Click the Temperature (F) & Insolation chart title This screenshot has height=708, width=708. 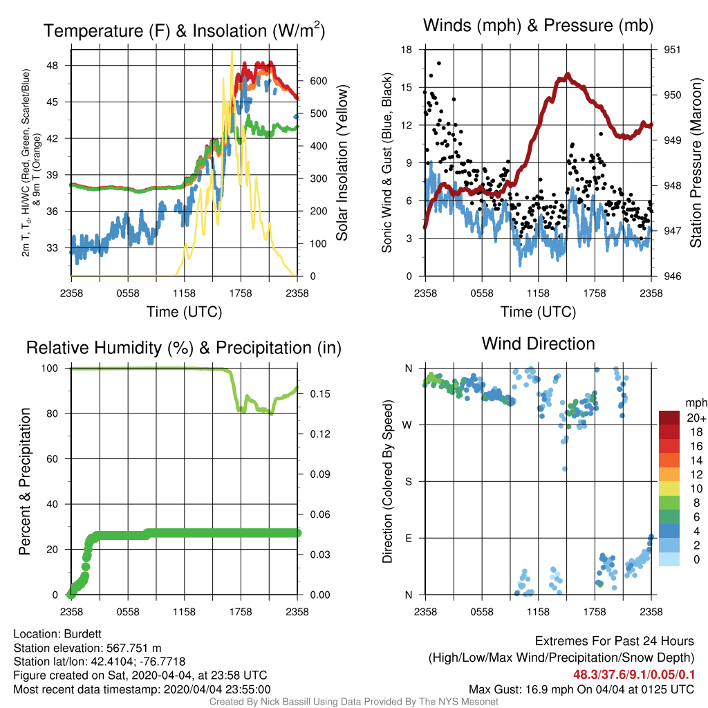pyautogui.click(x=184, y=30)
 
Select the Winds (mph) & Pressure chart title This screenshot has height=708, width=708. pyautogui.click(x=538, y=26)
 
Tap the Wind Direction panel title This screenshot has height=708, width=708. pyautogui.click(x=538, y=344)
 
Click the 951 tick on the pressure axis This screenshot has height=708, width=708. pyautogui.click(x=672, y=50)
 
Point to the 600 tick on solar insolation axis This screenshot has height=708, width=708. pyautogui.click(x=318, y=81)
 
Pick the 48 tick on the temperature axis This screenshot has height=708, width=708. pyautogui.click(x=53, y=66)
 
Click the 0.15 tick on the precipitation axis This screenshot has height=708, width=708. pyautogui.click(x=320, y=393)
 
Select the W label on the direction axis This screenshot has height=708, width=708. pyautogui.click(x=407, y=425)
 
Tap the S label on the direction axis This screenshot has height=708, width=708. pyautogui.click(x=408, y=482)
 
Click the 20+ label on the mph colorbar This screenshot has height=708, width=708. pyautogui.click(x=696, y=418)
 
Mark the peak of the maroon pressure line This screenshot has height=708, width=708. pyautogui.click(x=568, y=75)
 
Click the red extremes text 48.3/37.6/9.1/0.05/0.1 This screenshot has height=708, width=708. pyautogui.click(x=634, y=675)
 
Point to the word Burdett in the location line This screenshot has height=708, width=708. pyautogui.click(x=83, y=634)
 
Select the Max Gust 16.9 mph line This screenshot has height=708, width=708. pyautogui.click(x=581, y=689)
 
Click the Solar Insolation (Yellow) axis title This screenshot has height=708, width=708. pyautogui.click(x=342, y=162)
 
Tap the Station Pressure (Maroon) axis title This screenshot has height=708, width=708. pyautogui.click(x=696, y=162)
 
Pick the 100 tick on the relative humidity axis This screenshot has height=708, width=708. pyautogui.click(x=50, y=369)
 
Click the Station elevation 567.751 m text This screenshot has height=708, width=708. pyautogui.click(x=88, y=648)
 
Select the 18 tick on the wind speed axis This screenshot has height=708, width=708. pyautogui.click(x=407, y=50)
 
